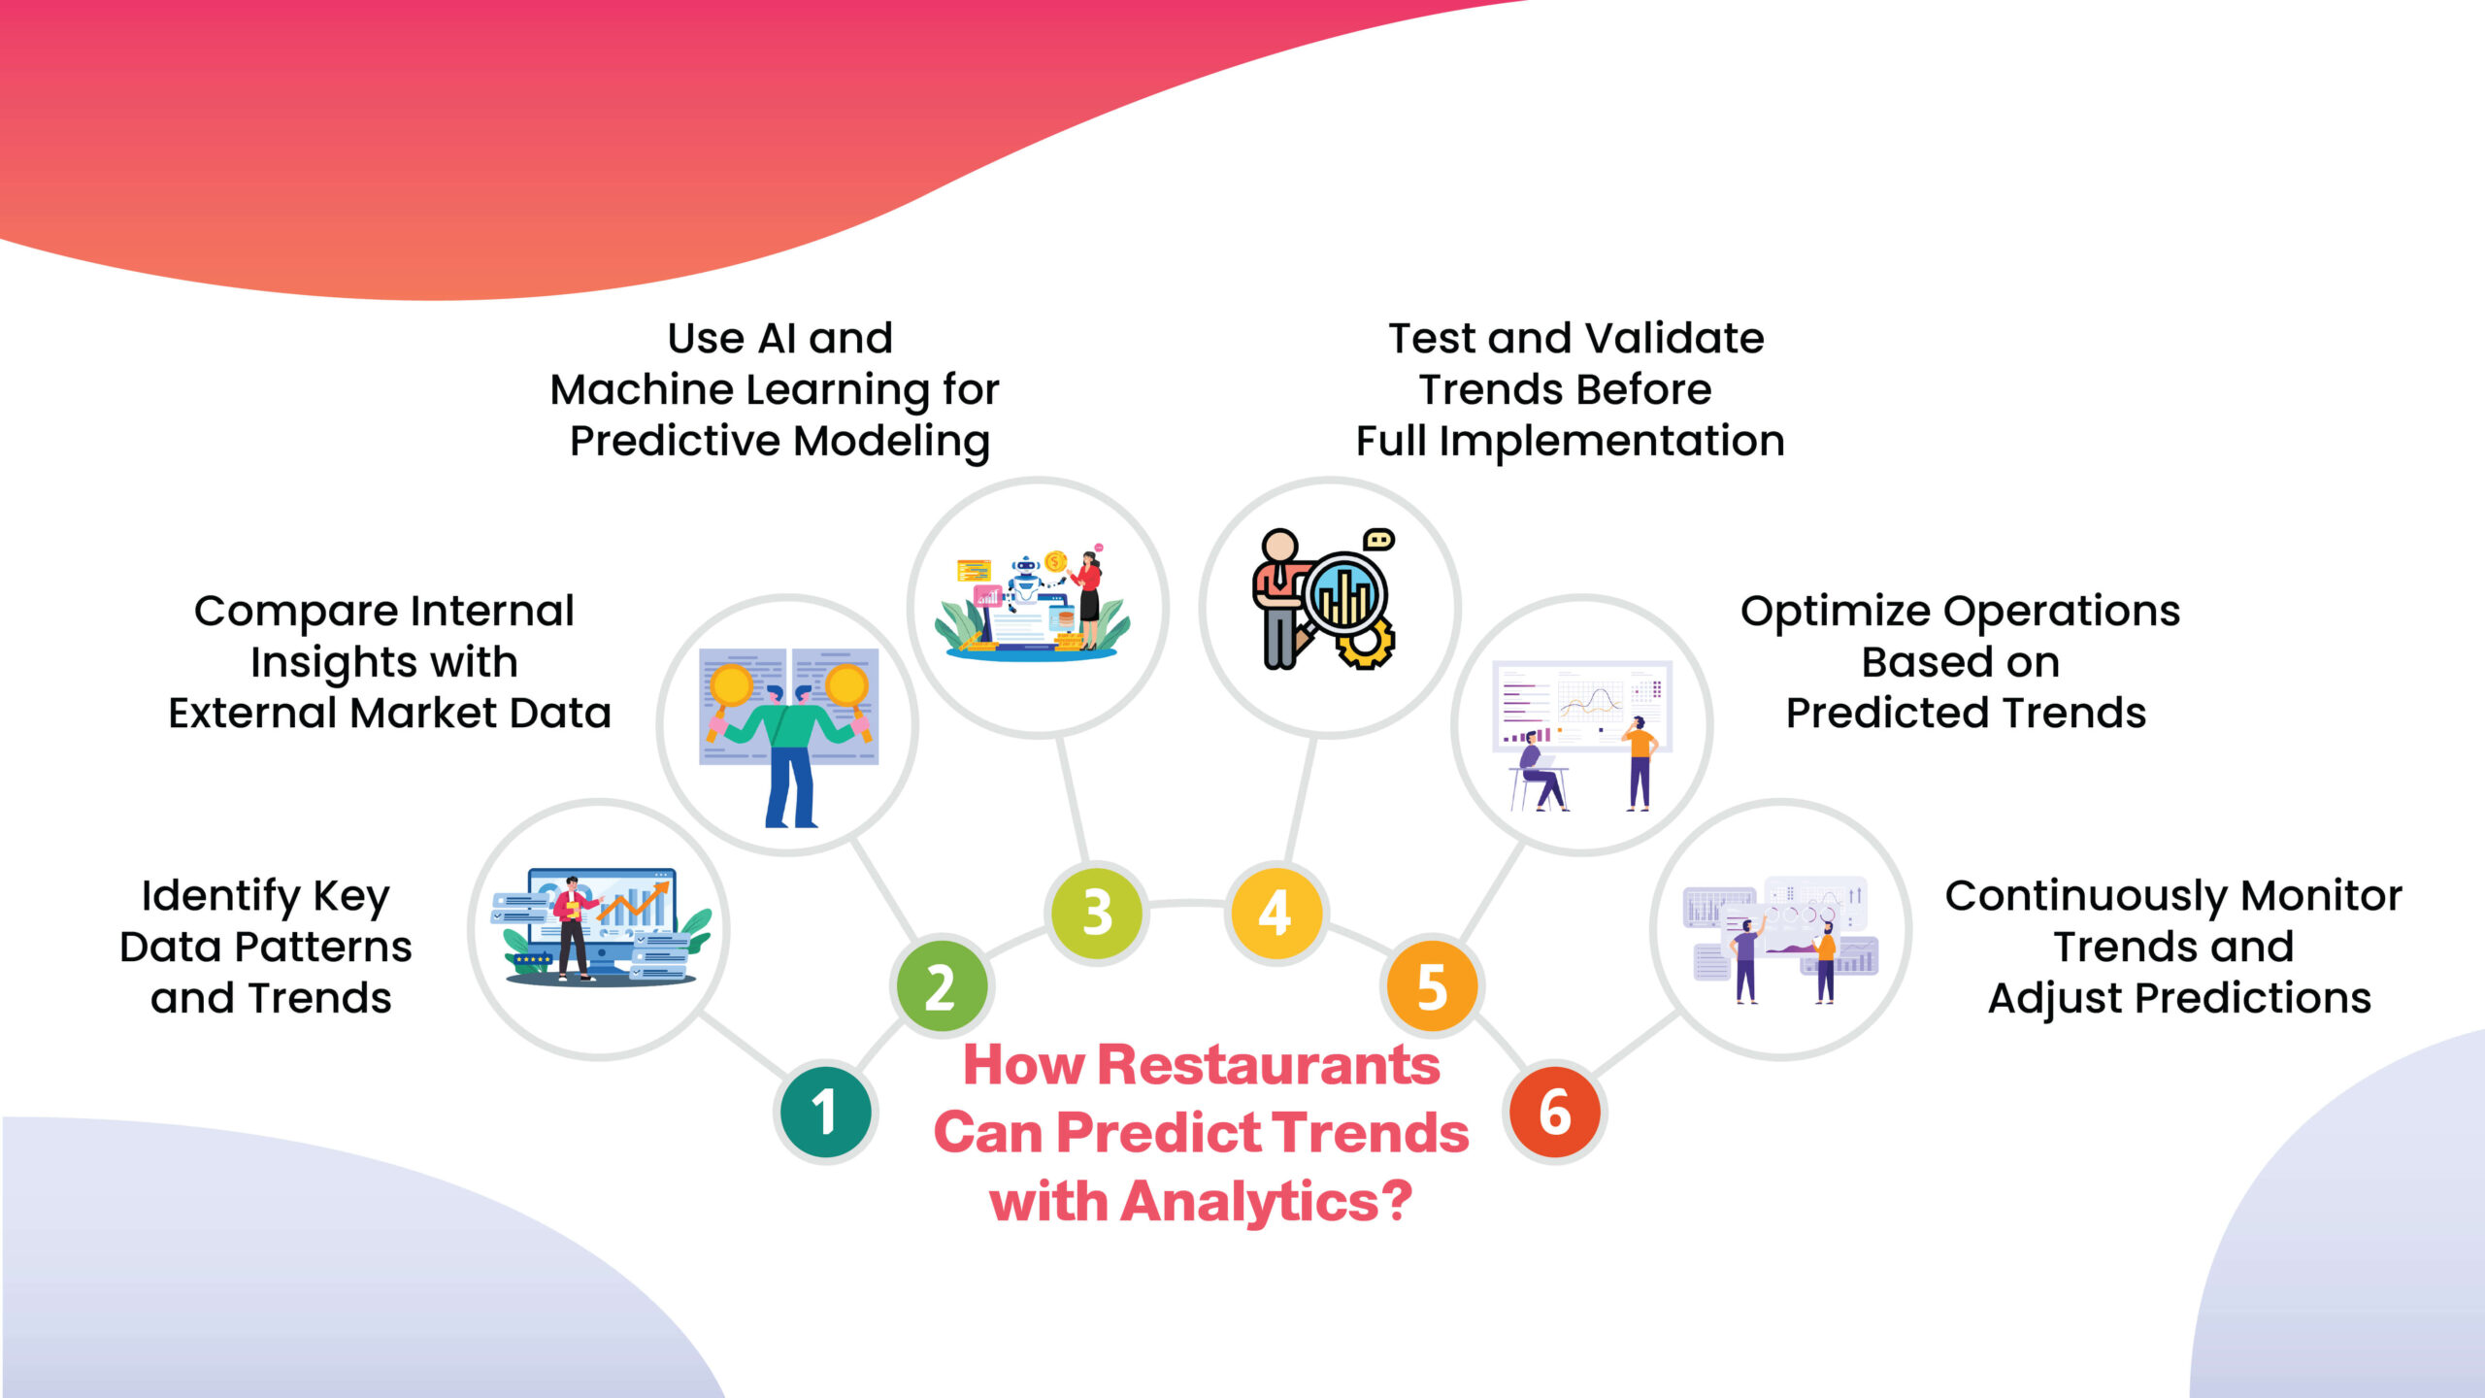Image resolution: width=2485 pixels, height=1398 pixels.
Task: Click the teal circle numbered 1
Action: (x=825, y=1112)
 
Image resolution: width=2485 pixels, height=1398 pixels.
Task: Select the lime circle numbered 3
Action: (x=1097, y=913)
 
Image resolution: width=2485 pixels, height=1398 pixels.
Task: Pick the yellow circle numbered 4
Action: (x=1276, y=913)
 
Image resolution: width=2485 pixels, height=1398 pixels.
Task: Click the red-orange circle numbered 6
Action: (x=1555, y=1113)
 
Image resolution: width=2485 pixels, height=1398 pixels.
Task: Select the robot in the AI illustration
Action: (x=1025, y=582)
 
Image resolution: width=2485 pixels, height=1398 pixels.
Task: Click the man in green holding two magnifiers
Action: (x=788, y=748)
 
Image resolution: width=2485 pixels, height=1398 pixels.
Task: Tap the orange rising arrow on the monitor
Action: (x=636, y=903)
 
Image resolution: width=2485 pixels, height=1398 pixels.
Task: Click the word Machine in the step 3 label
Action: (x=642, y=390)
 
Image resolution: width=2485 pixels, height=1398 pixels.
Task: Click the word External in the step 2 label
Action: (x=253, y=714)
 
